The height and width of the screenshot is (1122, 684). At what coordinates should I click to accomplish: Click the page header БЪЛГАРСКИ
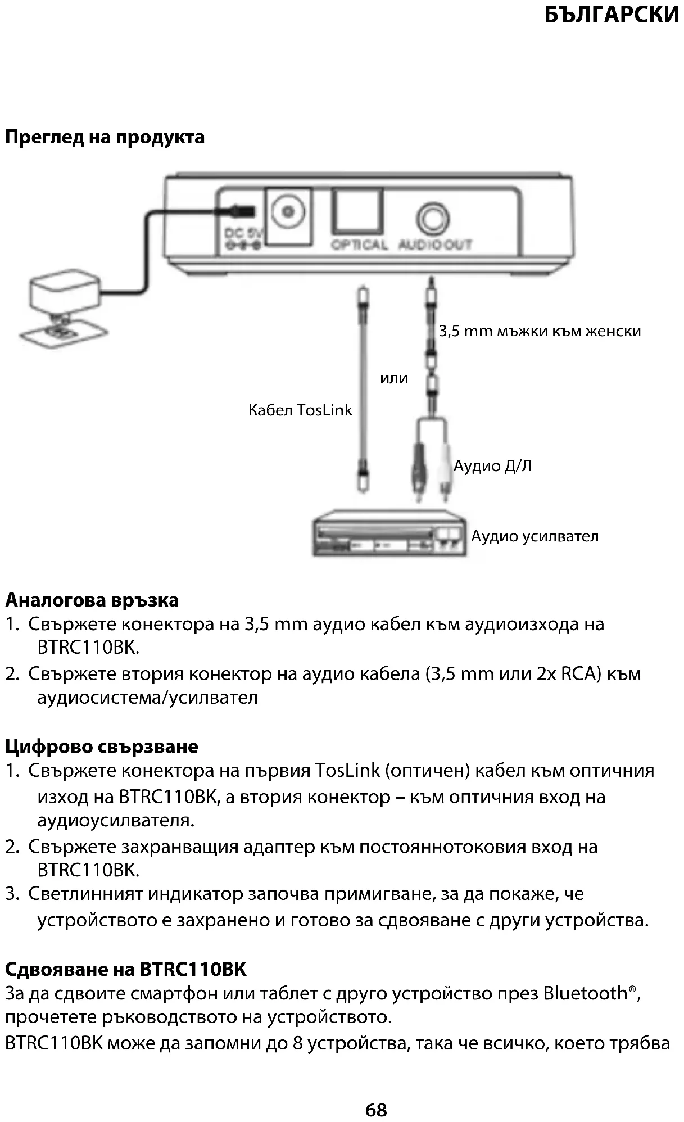pos(612,15)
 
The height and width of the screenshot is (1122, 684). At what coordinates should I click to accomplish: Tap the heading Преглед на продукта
pos(105,137)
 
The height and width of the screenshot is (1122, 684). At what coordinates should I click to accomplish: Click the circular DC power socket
pos(289,212)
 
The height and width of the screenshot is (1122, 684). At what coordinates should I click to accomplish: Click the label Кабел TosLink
pos(300,410)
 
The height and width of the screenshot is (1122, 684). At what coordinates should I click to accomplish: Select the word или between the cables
pos(393,378)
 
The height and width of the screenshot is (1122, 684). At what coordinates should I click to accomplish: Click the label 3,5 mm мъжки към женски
pos(540,331)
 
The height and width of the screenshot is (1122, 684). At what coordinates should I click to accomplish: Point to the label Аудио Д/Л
pos(492,466)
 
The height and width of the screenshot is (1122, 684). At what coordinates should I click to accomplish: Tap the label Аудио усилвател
pos(535,536)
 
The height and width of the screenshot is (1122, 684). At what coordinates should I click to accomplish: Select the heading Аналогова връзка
pos(92,600)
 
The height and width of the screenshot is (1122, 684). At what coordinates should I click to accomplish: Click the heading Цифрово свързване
pos(102,747)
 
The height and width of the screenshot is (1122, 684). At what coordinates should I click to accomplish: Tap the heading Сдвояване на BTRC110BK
pos(126,969)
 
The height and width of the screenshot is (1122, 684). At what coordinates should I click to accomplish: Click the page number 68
pos(376,1110)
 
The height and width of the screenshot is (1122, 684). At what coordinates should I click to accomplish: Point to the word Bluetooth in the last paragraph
pos(585,993)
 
